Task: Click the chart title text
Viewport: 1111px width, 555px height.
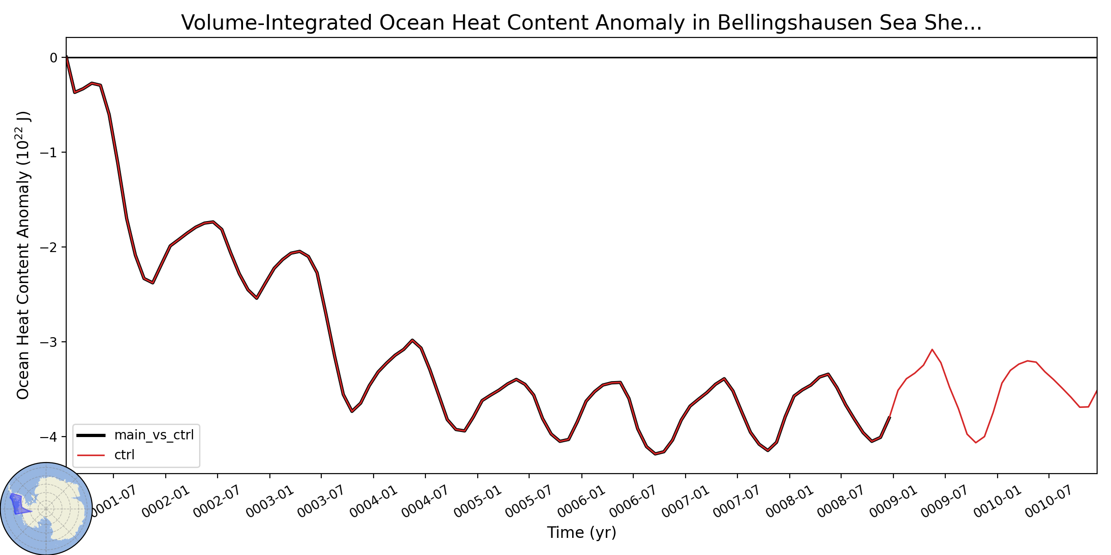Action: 581,23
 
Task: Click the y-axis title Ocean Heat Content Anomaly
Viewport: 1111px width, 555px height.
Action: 23,255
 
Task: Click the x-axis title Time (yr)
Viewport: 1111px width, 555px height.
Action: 581,533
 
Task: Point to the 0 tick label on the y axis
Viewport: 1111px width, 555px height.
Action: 54,58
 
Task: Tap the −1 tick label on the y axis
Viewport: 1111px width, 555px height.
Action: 49,153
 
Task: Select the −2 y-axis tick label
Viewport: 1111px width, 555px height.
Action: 49,247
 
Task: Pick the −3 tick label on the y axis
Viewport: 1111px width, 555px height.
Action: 49,342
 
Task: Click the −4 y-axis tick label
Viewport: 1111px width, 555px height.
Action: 49,437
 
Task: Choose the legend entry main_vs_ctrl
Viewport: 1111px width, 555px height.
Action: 135,435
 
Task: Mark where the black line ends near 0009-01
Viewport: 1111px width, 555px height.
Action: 890,417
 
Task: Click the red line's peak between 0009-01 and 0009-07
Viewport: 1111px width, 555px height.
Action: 932,350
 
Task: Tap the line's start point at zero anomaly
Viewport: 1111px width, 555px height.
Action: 67,57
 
